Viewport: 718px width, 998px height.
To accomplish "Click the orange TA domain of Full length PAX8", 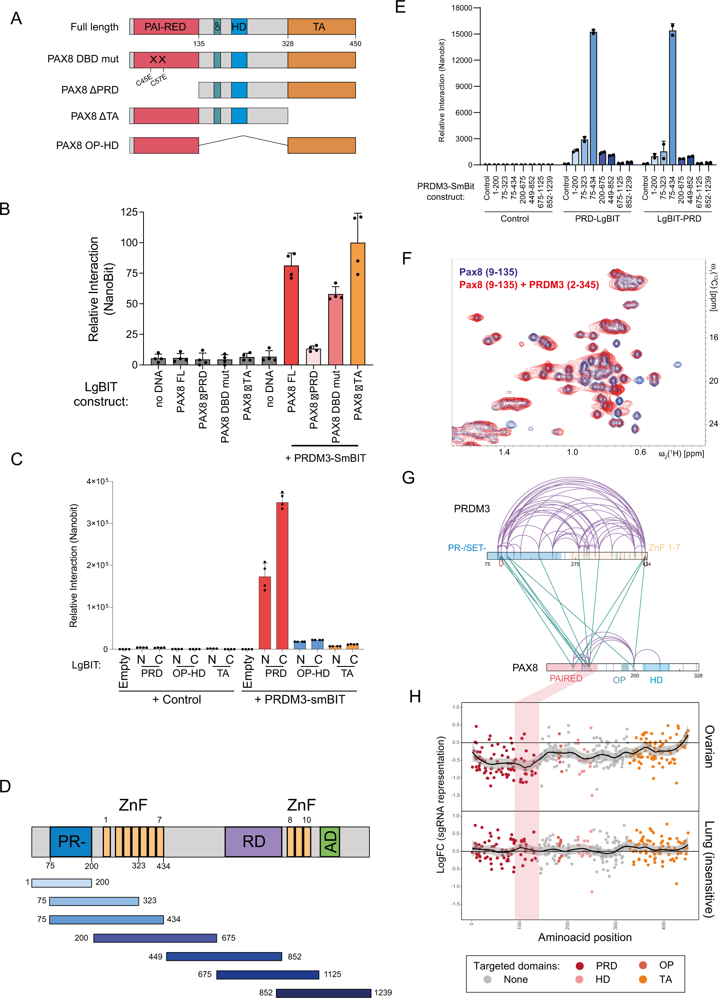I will (321, 27).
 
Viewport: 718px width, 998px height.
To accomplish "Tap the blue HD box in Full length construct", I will (239, 27).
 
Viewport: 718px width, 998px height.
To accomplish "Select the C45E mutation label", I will (144, 81).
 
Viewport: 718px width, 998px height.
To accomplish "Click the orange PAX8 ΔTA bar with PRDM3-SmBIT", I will (358, 303).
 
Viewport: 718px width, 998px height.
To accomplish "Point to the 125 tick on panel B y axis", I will (129, 212).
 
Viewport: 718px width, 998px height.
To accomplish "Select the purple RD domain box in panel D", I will (253, 841).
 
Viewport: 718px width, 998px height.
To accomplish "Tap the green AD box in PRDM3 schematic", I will (329, 841).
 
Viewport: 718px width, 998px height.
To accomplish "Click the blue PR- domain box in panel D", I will (71, 841).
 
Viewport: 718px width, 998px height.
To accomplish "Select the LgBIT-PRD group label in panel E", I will (679, 219).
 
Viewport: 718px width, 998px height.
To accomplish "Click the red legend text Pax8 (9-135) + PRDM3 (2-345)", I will (529, 285).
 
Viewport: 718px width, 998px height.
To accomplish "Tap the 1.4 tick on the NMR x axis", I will (504, 452).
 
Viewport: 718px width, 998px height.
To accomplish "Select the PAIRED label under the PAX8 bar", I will (566, 678).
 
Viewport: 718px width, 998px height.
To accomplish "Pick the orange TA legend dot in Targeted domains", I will (643, 979).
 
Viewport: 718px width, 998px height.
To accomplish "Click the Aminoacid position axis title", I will (585, 937).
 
